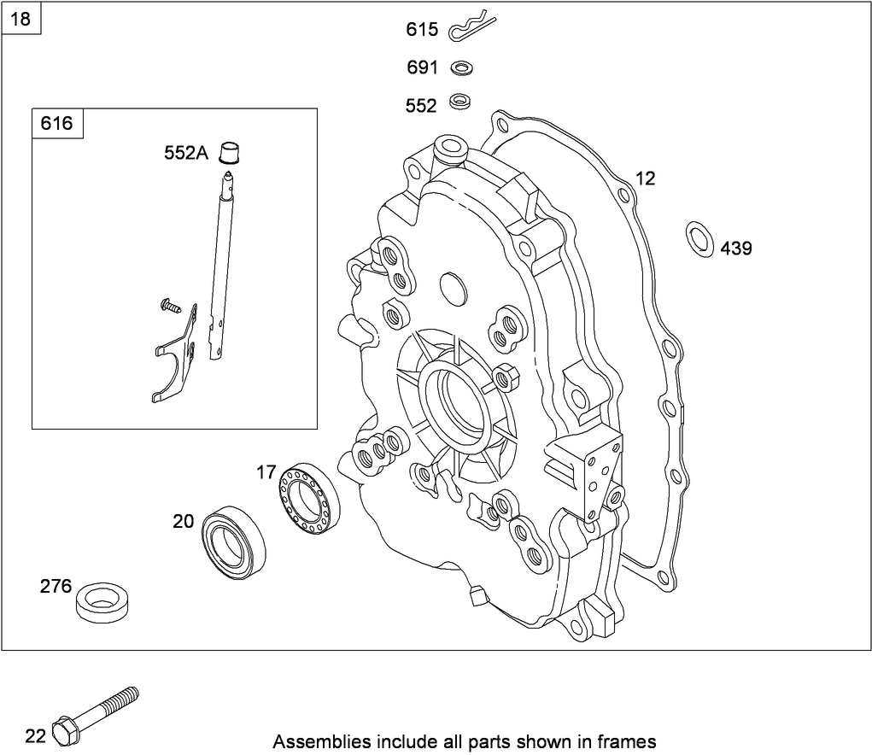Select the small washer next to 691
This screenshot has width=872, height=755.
coord(463,67)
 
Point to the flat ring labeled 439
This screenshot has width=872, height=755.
coord(699,238)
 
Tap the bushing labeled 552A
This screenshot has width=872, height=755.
coord(228,152)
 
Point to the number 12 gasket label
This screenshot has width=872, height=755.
coord(645,179)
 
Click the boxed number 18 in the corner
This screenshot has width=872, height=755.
coord(20,20)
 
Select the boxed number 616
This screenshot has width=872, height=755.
coord(56,123)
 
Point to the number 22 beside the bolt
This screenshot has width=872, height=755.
coord(34,735)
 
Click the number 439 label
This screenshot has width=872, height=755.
coord(736,249)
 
